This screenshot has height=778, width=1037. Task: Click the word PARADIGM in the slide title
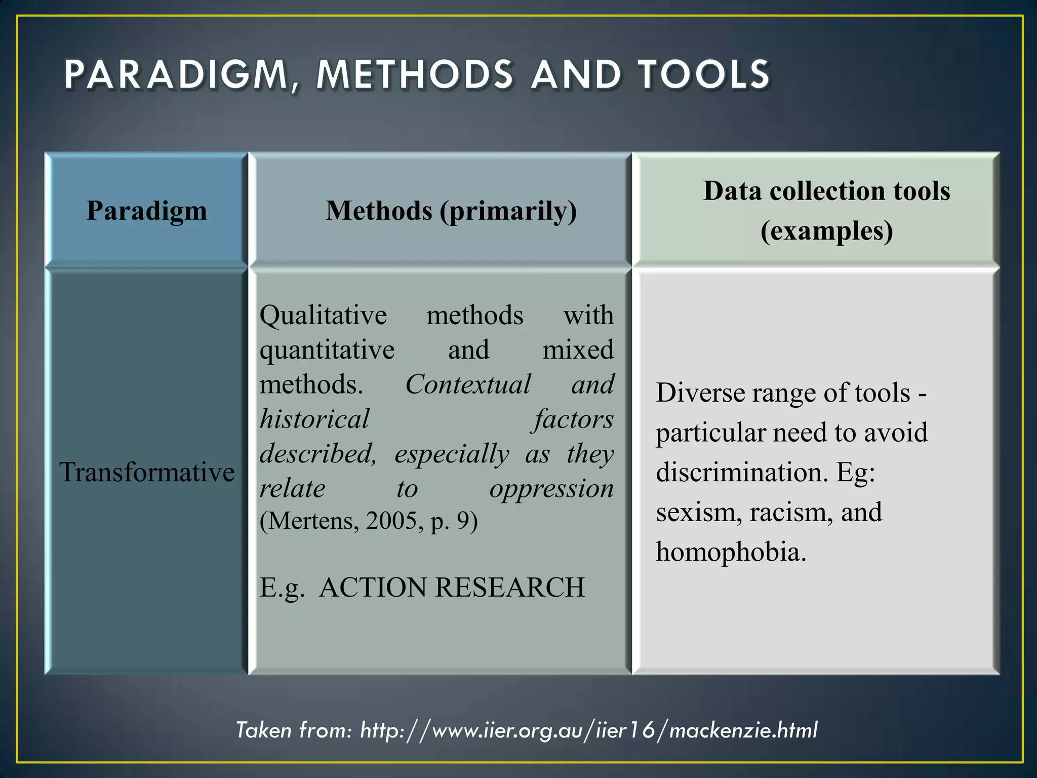177,75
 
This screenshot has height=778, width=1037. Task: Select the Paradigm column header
147,210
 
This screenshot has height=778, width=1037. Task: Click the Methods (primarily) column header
451,211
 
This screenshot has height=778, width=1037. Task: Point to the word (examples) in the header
826,231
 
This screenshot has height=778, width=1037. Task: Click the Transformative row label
147,472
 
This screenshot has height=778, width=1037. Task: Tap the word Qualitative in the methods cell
323,315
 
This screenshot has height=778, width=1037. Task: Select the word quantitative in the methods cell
327,350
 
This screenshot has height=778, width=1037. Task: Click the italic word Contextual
468,384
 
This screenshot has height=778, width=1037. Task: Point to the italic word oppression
551,489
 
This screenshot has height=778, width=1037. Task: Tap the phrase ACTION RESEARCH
452,588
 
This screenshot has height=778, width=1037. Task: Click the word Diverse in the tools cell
700,393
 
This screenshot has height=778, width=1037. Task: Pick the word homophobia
731,552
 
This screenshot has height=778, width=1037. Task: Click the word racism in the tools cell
791,512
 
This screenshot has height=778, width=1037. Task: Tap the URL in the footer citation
588,730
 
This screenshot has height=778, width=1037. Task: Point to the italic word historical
314,419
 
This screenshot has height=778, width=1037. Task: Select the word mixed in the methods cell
578,350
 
